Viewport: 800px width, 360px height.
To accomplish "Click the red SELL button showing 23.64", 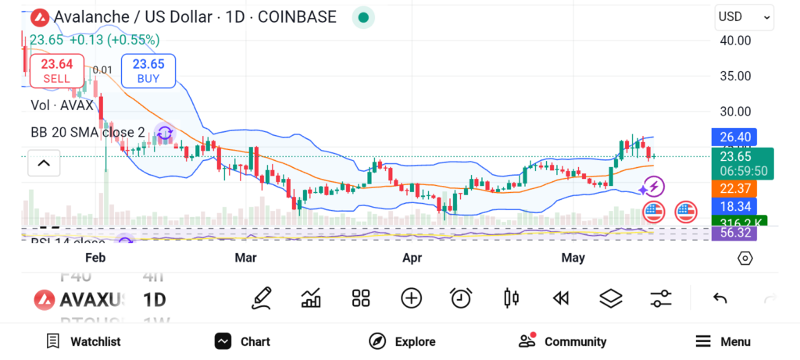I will tap(56, 70).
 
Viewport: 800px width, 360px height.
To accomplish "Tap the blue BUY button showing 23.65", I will tap(148, 70).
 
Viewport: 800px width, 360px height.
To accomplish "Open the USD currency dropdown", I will tap(743, 17).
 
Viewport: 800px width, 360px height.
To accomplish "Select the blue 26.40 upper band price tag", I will tap(734, 137).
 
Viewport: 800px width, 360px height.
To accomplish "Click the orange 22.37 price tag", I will tap(734, 188).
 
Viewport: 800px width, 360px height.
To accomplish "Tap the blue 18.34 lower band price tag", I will tap(734, 206).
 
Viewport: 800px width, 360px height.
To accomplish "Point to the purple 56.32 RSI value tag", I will tap(734, 233).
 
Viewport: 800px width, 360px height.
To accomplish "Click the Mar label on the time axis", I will tap(245, 257).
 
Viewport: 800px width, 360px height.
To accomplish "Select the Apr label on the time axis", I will tap(412, 257).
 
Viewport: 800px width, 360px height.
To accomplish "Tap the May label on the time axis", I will tap(573, 257).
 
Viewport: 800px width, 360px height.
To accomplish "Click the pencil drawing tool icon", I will tap(262, 298).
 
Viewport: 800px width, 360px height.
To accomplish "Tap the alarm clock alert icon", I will tap(461, 298).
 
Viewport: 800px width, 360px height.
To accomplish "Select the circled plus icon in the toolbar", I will tap(411, 298).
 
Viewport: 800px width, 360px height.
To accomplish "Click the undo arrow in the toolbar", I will tap(720, 298).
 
